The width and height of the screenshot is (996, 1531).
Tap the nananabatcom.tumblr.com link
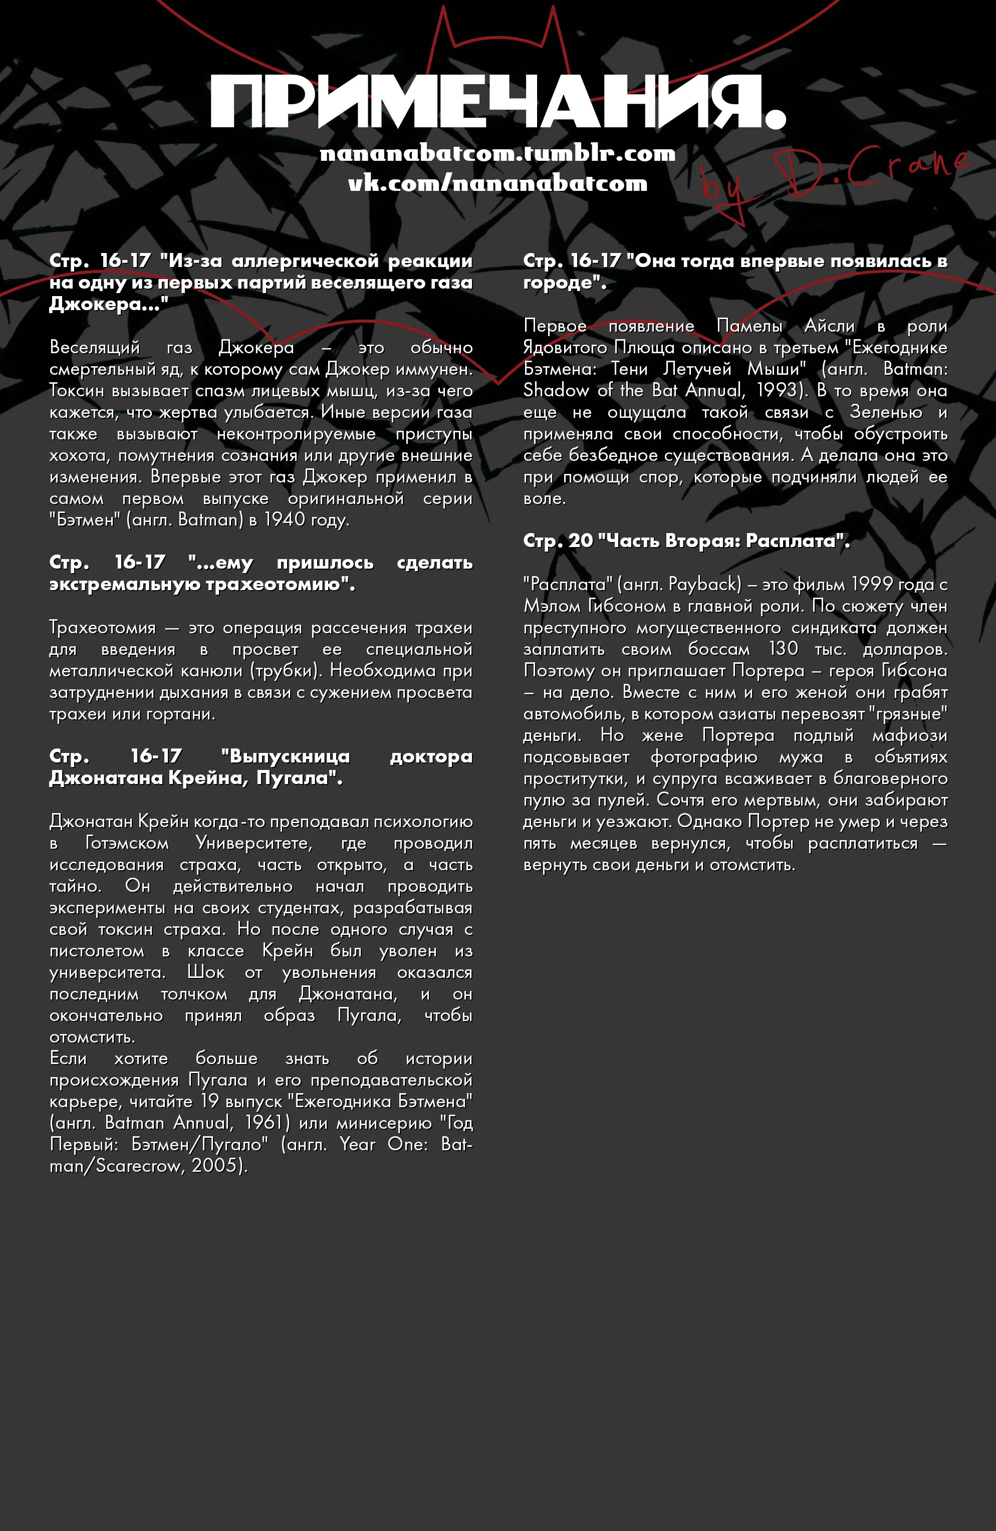coord(497,153)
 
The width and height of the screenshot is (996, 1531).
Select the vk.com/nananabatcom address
coord(497,183)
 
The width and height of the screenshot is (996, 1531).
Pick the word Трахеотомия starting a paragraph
coord(102,627)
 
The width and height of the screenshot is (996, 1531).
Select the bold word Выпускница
coord(285,756)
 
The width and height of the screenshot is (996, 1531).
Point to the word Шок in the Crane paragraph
coord(205,972)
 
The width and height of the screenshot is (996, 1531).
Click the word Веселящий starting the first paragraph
coord(95,347)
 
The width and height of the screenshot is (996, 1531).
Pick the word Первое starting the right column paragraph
coord(555,326)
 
